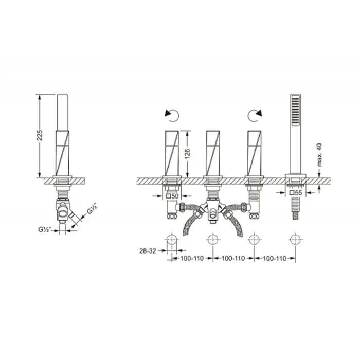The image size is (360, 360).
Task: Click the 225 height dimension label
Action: pos(40,135)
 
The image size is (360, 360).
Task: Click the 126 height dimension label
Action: pos(188,154)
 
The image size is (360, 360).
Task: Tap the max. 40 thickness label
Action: pos(319,155)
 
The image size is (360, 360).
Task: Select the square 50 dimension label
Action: pos(172,196)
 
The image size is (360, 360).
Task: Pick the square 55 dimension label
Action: pos(296,193)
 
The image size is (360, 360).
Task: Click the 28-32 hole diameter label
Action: pos(148,251)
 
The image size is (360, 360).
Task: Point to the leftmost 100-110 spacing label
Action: pos(192,258)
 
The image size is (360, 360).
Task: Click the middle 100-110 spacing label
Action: pos(233,258)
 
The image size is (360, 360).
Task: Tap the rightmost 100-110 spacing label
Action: pos(274,258)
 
